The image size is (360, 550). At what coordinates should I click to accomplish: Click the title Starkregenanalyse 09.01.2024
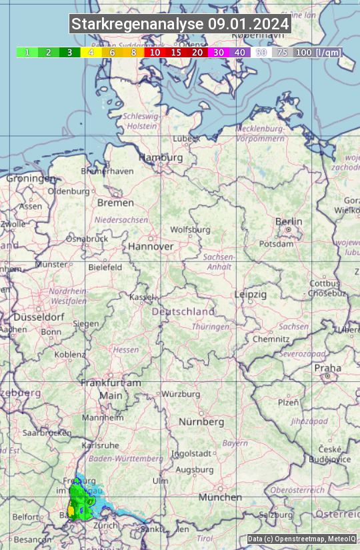click(x=180, y=25)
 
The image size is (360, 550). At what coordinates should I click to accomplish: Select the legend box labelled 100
click(x=303, y=52)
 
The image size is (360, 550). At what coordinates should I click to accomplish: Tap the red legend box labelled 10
click(x=155, y=52)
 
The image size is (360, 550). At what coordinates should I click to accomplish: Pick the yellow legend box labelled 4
click(x=91, y=52)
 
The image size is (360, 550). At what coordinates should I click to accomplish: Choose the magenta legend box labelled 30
click(x=219, y=52)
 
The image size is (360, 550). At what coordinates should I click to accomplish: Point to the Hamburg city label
click(x=161, y=158)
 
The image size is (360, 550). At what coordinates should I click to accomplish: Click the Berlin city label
click(x=289, y=222)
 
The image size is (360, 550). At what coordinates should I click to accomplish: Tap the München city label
click(x=220, y=497)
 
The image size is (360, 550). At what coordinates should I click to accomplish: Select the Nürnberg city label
click(x=201, y=422)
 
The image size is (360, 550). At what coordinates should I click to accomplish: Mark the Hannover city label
click(x=151, y=247)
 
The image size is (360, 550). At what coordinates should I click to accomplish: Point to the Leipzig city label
click(x=251, y=294)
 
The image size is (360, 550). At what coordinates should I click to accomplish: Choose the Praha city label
click(x=327, y=368)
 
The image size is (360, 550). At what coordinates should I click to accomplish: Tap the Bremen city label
click(x=115, y=203)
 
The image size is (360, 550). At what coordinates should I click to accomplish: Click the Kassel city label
click(x=141, y=297)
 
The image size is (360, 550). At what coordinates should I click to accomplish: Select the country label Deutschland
click(x=183, y=311)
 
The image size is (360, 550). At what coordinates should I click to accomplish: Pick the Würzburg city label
click(x=181, y=394)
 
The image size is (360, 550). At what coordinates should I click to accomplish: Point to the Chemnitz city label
click(x=271, y=339)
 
